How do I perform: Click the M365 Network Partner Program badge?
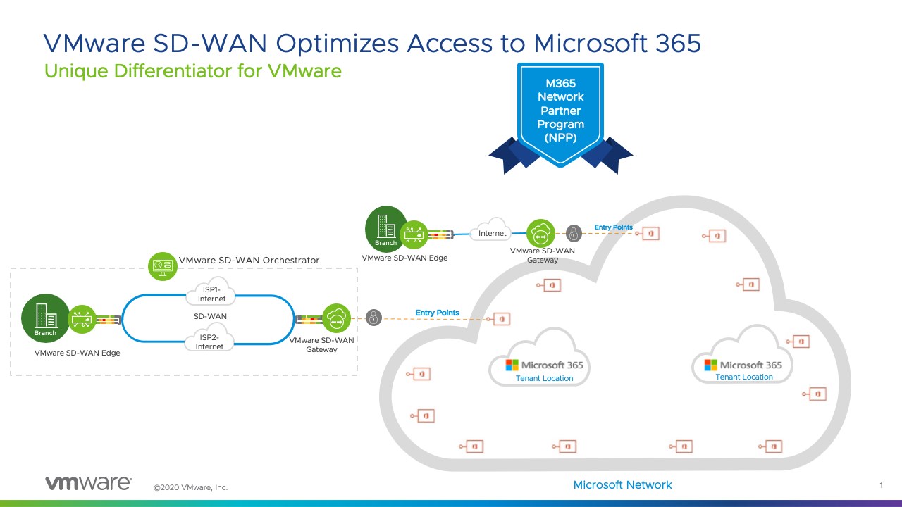(561, 113)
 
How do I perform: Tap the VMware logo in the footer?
(88, 483)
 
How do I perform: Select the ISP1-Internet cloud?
(211, 294)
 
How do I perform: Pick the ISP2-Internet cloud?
(209, 342)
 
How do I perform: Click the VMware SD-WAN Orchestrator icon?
(163, 265)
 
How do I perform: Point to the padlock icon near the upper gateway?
(574, 233)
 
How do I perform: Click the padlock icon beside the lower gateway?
(373, 318)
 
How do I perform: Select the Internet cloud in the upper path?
(493, 232)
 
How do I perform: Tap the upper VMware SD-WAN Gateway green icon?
(541, 234)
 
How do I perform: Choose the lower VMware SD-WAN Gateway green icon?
(337, 319)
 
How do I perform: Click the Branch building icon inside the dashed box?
(46, 318)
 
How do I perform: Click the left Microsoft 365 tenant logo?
(512, 365)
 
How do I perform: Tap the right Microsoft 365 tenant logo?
(711, 365)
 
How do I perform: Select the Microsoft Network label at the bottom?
(622, 484)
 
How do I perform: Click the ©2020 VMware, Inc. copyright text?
(190, 487)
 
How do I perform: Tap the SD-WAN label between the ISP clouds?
(210, 316)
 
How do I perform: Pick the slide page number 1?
(881, 485)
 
